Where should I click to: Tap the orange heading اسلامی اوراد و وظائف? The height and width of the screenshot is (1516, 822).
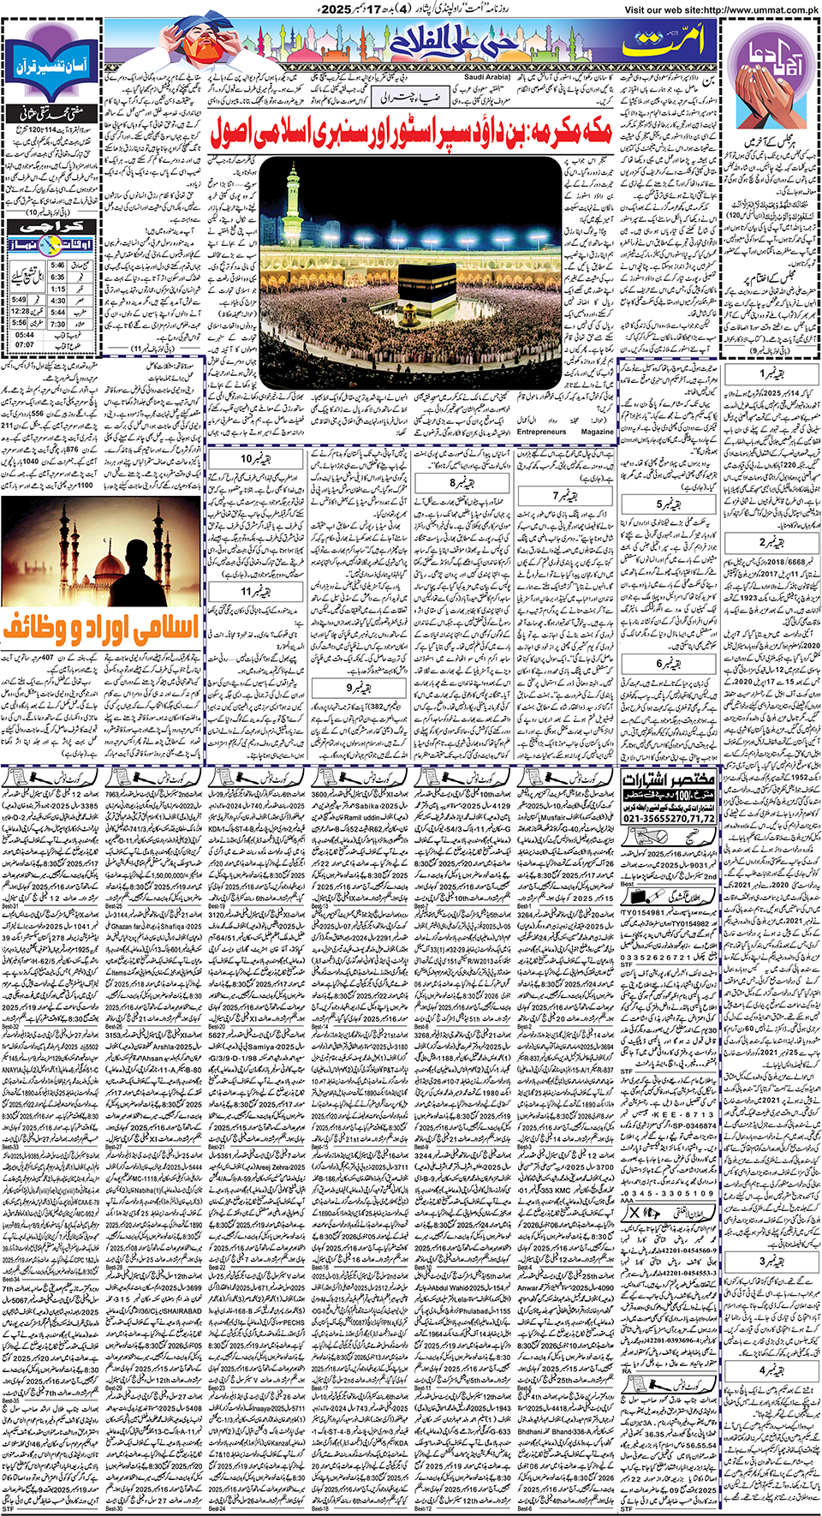point(100,628)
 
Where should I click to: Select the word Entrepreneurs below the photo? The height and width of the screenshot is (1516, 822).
point(541,432)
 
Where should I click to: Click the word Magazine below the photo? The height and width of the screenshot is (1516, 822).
point(597,432)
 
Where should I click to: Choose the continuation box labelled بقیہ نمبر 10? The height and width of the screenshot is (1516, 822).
point(253,459)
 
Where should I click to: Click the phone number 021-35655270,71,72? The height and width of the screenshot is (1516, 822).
point(669,818)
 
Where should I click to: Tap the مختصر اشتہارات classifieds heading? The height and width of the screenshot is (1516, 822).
point(669,780)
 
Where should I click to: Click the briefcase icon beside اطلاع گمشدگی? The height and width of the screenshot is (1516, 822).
point(640,896)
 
